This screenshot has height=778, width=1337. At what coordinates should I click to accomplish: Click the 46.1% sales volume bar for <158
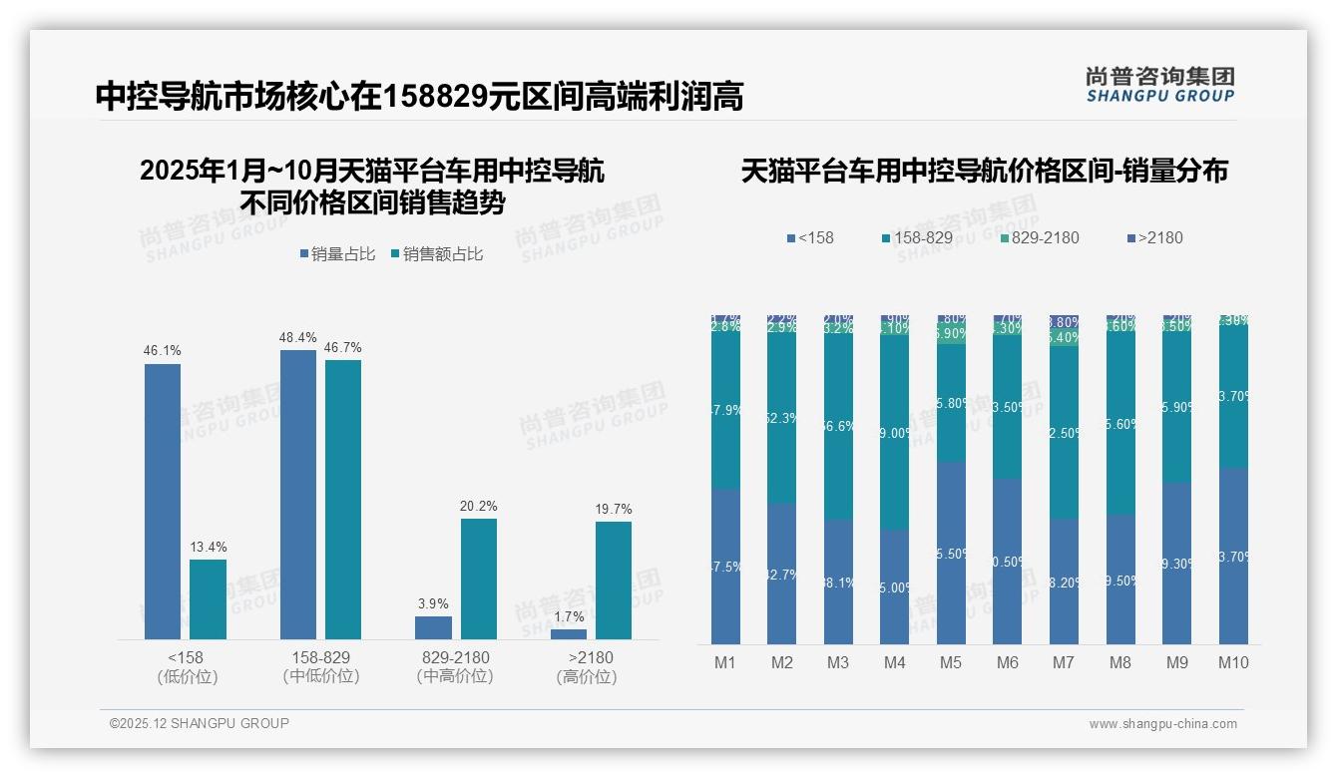[163, 501]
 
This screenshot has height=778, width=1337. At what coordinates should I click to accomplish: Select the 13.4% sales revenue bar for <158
[208, 598]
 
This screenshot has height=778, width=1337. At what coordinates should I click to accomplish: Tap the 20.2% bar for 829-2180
[478, 579]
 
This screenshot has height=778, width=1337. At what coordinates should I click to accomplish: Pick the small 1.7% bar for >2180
[569, 633]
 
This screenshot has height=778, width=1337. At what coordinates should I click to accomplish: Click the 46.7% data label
[343, 348]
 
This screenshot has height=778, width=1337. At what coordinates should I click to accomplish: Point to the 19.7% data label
[614, 510]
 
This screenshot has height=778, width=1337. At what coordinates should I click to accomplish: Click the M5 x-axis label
[951, 662]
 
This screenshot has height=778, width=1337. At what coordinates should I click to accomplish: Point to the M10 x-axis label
[1233, 662]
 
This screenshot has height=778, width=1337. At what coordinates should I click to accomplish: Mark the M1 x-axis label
[725, 662]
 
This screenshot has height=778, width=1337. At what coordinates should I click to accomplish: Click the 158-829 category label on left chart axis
[320, 658]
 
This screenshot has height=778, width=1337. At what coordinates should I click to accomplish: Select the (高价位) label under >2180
[587, 677]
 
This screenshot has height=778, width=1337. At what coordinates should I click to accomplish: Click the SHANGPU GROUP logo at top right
[1160, 85]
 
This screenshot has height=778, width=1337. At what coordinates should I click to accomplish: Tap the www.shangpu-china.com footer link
[1162, 724]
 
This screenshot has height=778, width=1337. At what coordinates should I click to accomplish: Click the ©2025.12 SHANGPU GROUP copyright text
[200, 723]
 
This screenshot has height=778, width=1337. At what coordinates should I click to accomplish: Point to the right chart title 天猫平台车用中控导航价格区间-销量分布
[984, 171]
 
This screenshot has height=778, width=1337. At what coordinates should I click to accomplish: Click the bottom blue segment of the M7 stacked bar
[1064, 581]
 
